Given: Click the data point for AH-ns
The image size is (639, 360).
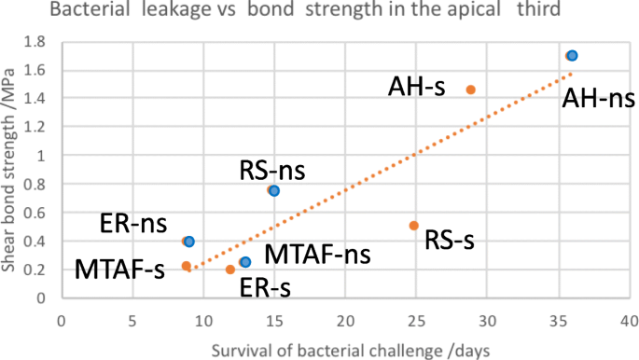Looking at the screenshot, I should tap(572, 56).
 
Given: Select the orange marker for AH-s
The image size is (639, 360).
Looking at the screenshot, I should tap(470, 90).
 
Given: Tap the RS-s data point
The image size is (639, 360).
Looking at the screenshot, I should tap(414, 226).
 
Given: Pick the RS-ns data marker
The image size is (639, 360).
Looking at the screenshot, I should tap(273, 190).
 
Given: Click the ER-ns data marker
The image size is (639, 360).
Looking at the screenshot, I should tap(188, 242).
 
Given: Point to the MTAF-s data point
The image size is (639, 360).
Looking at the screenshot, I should tap(186, 266).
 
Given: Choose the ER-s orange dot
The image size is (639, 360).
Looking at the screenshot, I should tap(229, 270).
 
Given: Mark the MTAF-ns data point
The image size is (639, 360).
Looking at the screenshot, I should tap(244, 262).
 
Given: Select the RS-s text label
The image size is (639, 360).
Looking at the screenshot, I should tap(450, 241).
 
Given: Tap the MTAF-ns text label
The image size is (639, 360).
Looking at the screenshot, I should tap(317, 254).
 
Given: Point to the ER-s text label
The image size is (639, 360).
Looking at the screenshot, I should tap(265, 287).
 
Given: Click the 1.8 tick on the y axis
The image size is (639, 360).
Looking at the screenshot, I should tap(35, 42).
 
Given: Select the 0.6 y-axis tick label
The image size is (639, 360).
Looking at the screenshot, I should tap(35, 213).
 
